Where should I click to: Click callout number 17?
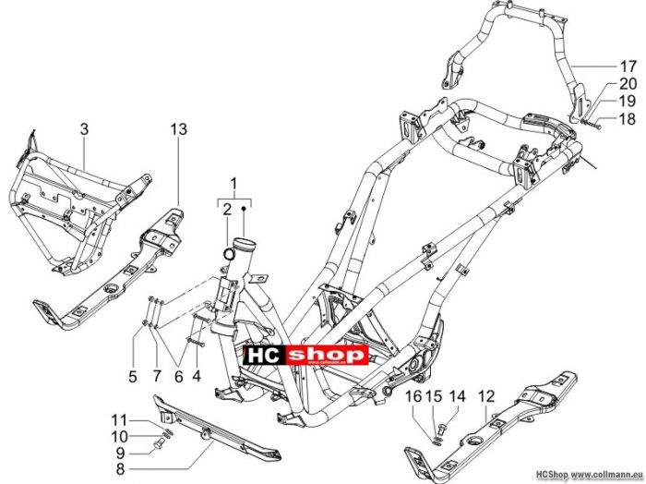[x=628, y=66]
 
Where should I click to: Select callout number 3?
[x=84, y=129]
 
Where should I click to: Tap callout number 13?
[x=179, y=129]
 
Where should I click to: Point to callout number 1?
[x=233, y=183]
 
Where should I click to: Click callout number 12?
[x=486, y=396]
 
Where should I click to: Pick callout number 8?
[x=120, y=469]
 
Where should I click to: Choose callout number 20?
[x=628, y=84]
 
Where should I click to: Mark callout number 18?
[x=628, y=119]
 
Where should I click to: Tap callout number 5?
[x=132, y=376]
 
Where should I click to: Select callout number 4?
[x=197, y=376]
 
